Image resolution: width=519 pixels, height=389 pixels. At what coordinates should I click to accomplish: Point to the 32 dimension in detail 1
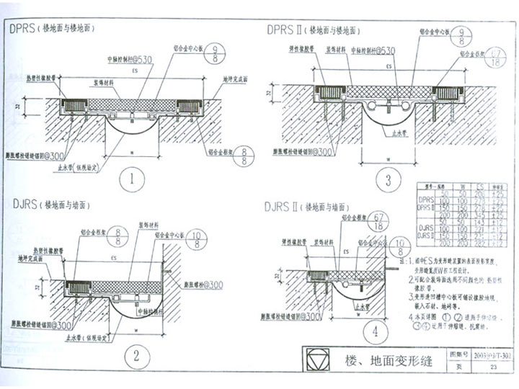[x=19, y=107]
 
